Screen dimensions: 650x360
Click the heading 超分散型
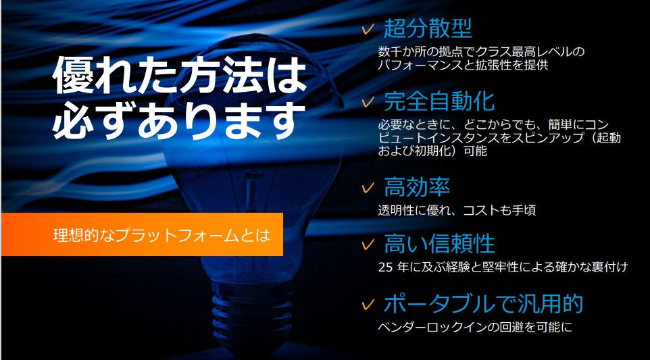(x=428, y=28)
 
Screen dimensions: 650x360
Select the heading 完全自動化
(x=439, y=101)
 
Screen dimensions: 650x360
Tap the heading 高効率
(x=417, y=187)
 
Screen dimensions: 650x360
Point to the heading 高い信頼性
(x=439, y=243)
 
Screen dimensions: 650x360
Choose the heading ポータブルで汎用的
(x=483, y=304)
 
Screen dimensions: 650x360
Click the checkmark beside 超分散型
(x=368, y=29)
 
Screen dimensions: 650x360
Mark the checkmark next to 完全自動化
(x=368, y=101)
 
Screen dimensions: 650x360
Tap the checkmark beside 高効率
(x=368, y=188)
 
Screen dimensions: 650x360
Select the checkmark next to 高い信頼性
(x=368, y=245)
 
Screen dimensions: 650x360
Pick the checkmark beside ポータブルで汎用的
(x=368, y=305)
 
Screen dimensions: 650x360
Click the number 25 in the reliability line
(x=385, y=267)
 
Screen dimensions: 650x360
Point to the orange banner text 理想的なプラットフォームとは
(x=161, y=235)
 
